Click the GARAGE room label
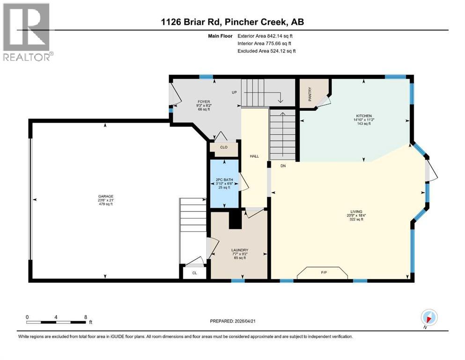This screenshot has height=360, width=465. [x=106, y=196]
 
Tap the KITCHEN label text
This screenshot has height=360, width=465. [x=364, y=116]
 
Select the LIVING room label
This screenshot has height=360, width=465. [x=356, y=211]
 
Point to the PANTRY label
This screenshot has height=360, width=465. [x=310, y=94]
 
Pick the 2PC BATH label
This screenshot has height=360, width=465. [x=224, y=180]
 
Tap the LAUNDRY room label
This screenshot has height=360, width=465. [x=240, y=250]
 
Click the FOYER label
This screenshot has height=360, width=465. [x=204, y=102]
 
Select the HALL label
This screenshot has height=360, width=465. [x=254, y=156]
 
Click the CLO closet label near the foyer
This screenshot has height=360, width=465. [x=224, y=147]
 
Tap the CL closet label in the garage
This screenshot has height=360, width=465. [x=194, y=273]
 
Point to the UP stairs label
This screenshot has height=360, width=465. [x=234, y=92]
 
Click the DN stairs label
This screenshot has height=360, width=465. [x=283, y=166]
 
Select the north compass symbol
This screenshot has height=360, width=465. [x=429, y=318]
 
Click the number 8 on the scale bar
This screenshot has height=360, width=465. [x=86, y=317]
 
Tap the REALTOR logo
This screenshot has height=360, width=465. [x=28, y=32]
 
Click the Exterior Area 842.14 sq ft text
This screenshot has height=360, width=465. [x=265, y=36]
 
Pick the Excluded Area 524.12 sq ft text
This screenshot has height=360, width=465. [x=266, y=51]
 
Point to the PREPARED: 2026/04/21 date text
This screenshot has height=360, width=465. [x=232, y=321]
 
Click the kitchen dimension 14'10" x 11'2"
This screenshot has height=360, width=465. [x=364, y=120]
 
